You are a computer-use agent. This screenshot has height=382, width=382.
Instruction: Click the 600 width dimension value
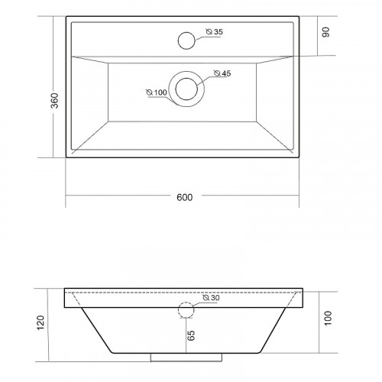click(185, 197)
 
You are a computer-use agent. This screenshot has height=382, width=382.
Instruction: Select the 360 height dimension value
click(55, 101)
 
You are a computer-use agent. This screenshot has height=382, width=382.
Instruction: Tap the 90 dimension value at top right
click(325, 32)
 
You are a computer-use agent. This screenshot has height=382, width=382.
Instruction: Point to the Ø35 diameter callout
click(214, 32)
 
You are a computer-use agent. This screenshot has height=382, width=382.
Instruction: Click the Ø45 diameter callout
click(222, 73)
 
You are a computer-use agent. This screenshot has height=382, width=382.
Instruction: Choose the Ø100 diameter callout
click(157, 92)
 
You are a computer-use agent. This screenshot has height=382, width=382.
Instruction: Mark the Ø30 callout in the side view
click(211, 298)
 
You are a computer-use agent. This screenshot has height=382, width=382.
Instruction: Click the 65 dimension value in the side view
click(191, 335)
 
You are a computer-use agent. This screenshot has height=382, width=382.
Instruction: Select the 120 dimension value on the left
click(40, 323)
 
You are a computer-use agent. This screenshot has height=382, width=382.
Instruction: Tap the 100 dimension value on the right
click(328, 318)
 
